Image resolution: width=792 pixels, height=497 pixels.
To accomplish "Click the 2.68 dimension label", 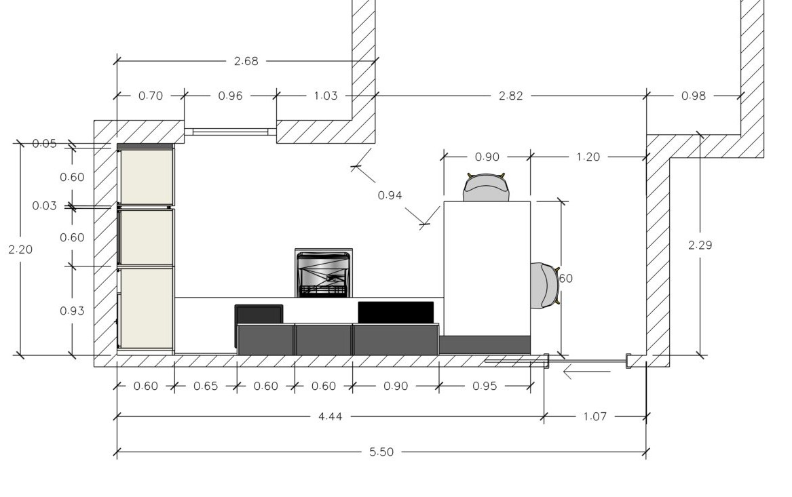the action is pyautogui.click(x=246, y=62).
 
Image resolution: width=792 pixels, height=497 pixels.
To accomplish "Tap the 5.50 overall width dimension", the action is pyautogui.click(x=381, y=452).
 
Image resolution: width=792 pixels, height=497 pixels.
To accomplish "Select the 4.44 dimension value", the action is pyautogui.click(x=331, y=417).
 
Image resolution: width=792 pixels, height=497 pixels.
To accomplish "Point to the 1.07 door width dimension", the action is pyautogui.click(x=595, y=417).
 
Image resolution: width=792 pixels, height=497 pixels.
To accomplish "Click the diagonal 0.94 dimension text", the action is pyautogui.click(x=390, y=195).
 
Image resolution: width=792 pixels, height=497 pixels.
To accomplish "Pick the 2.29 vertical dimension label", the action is pyautogui.click(x=700, y=245).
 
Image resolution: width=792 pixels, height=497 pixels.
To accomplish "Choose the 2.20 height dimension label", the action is pyautogui.click(x=21, y=250).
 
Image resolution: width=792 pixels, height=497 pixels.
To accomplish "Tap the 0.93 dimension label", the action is pyautogui.click(x=72, y=311).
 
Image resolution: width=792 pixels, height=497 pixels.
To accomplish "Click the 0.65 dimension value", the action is pyautogui.click(x=206, y=386).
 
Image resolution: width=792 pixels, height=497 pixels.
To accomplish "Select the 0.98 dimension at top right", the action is pyautogui.click(x=694, y=96).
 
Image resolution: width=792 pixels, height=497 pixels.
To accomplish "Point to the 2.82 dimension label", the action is pyautogui.click(x=510, y=96).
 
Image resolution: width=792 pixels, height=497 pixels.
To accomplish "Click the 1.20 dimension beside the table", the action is pyautogui.click(x=588, y=157).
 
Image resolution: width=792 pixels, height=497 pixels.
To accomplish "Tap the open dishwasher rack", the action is pyautogui.click(x=324, y=273).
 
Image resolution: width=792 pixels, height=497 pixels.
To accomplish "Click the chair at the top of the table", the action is pyautogui.click(x=486, y=187).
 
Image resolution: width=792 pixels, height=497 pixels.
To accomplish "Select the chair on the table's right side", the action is pyautogui.click(x=545, y=285).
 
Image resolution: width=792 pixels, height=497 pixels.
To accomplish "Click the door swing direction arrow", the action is pyautogui.click(x=586, y=372).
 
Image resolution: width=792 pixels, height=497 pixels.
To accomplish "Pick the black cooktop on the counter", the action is pyautogui.click(x=396, y=313).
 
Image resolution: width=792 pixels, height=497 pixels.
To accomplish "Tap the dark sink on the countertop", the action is pyautogui.click(x=259, y=315).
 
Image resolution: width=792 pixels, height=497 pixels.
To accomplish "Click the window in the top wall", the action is pyautogui.click(x=230, y=132).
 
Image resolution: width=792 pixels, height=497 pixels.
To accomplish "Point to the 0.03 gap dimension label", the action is pyautogui.click(x=44, y=206).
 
